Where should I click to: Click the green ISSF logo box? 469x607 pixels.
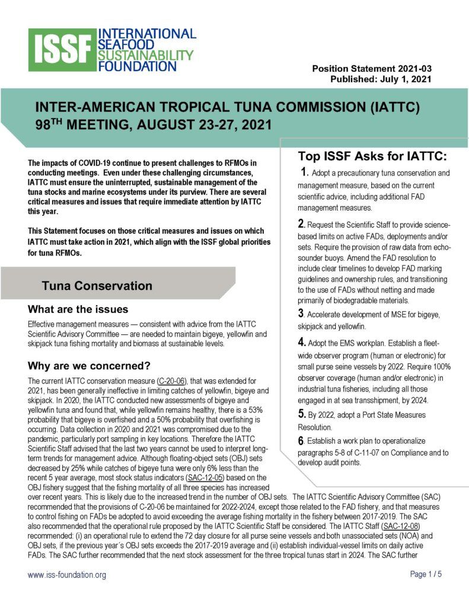point(62,50)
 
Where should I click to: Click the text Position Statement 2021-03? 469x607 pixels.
point(372,69)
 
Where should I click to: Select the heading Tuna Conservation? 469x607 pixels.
point(97,286)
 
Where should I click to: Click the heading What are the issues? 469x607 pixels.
point(78,309)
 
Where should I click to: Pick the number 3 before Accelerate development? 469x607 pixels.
point(301,313)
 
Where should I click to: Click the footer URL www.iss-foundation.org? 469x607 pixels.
point(67,575)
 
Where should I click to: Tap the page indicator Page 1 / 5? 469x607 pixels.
point(426,574)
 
